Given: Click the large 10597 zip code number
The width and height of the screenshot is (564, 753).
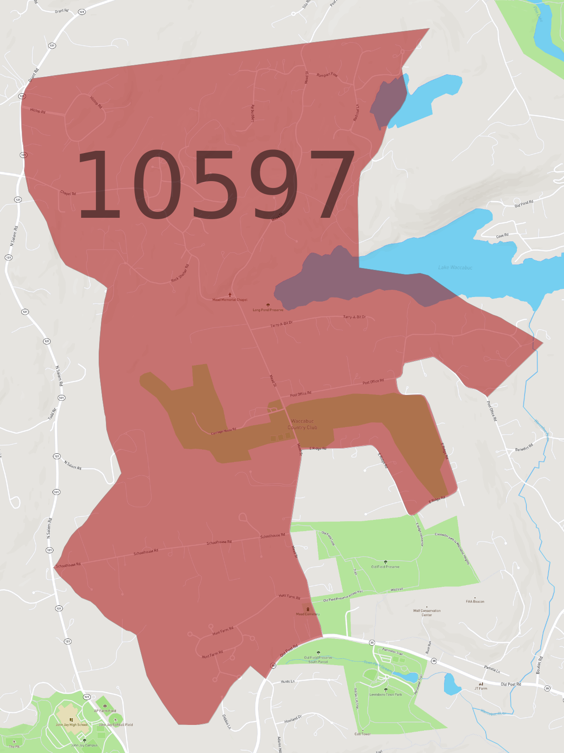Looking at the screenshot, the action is coord(216,184).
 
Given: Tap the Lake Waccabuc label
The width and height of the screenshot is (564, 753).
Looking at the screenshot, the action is coord(455,268).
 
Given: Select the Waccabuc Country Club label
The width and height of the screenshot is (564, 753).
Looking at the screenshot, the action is coord(302,424).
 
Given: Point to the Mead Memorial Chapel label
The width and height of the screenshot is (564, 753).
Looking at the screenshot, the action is coord(230,300).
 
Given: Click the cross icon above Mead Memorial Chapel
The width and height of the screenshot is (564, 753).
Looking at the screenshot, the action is coord(230,295).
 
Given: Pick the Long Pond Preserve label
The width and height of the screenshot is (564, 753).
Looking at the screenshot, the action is coord(268,310).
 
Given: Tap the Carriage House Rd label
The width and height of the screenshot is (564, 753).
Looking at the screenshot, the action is coord(224,431).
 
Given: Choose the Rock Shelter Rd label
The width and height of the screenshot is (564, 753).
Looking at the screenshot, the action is coord(180,273).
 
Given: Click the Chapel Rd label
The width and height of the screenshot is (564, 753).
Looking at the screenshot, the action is coord(68,193).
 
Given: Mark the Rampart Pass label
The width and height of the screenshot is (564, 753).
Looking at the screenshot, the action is coord(327,74).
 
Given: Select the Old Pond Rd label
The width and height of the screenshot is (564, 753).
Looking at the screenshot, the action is coord(524,204).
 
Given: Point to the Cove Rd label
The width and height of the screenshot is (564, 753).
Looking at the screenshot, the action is coord(502,236).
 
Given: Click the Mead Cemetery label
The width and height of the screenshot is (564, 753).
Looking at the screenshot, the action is coord(308,614).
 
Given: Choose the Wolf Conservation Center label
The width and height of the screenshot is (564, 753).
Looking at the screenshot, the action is coord(427,613).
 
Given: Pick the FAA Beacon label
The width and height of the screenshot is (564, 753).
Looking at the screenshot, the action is coord(475,602).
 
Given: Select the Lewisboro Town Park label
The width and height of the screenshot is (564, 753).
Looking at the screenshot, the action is coord(386,695).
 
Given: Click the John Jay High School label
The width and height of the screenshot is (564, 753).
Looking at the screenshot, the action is coord(72,725).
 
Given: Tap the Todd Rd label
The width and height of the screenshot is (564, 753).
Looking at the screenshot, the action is coord(53,414).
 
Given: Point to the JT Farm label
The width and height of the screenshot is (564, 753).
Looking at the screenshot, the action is coord(481,689).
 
